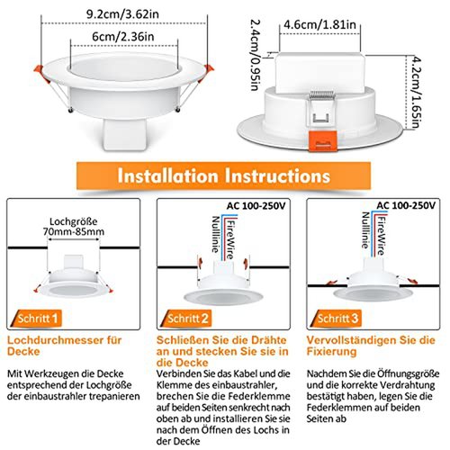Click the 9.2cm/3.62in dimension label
pyautogui.click(x=122, y=14)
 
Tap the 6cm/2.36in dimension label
pyautogui.click(x=123, y=37)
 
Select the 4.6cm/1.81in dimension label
pyautogui.click(x=319, y=24)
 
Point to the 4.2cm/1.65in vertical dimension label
pyautogui.click(x=417, y=92)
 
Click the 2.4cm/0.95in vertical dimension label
pyautogui.click(x=256, y=55)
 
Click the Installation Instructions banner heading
pyautogui.click(x=224, y=175)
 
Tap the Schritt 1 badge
pyautogui.click(x=36, y=319)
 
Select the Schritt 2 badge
pyautogui.click(x=186, y=319)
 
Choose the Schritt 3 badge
pyautogui.click(x=337, y=319)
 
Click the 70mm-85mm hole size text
pyautogui.click(x=74, y=231)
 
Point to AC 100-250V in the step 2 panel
pyautogui.click(x=256, y=206)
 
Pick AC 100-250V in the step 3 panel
pyautogui.click(x=406, y=205)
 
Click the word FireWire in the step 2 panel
pyautogui.click(x=230, y=239)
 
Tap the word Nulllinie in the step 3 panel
pyautogui.click(x=365, y=230)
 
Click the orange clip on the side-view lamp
pyautogui.click(x=323, y=140)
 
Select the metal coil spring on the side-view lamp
pyautogui.click(x=322, y=95)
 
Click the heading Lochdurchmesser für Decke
pyautogui.click(x=64, y=346)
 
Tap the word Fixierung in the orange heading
pyautogui.click(x=331, y=351)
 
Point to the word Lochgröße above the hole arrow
pyautogui.click(x=74, y=221)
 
